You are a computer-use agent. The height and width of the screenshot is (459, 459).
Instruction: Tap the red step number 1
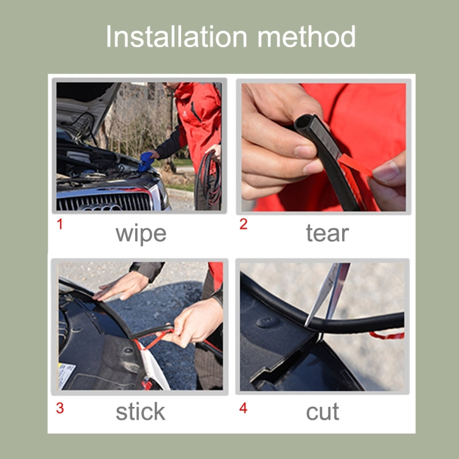tap(59, 224)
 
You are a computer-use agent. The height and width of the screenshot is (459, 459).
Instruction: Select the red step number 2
tap(243, 224)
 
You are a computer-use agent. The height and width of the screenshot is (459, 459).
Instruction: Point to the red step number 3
tap(59, 408)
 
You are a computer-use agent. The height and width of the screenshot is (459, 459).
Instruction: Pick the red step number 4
tap(243, 408)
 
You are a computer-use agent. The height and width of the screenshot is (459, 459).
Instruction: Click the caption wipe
tap(140, 233)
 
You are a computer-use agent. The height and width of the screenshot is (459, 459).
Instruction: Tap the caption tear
tap(327, 233)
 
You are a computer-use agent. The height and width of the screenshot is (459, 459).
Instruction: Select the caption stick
tap(140, 412)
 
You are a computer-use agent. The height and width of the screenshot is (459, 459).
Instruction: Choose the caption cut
tap(322, 412)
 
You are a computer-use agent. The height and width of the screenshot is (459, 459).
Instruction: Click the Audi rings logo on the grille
tap(101, 207)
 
